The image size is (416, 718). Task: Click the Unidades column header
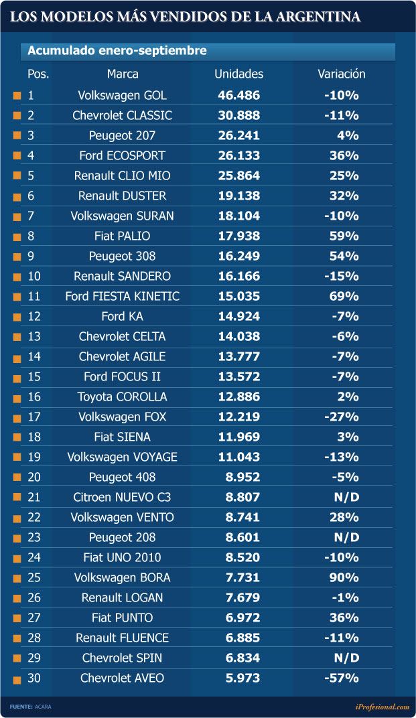[x=238, y=74]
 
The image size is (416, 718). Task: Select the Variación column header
[x=342, y=74]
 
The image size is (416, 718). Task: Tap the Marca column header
[x=123, y=74]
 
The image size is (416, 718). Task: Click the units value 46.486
[x=238, y=95]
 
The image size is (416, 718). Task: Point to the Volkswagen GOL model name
[x=123, y=95]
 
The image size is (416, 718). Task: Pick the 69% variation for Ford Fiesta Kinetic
[x=344, y=296]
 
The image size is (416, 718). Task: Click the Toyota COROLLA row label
[x=123, y=397]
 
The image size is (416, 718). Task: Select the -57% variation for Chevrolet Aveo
[x=342, y=678]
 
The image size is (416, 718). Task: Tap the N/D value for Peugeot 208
[x=346, y=538]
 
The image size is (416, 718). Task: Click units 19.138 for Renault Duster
[x=238, y=196]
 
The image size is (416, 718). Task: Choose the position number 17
[x=34, y=417]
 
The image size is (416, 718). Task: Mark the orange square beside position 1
[x=17, y=95]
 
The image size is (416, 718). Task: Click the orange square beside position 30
[x=17, y=680]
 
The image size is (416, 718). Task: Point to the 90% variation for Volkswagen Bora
[x=344, y=578]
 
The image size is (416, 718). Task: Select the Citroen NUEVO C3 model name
[x=123, y=497]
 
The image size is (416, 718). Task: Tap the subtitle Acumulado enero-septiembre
[x=117, y=50]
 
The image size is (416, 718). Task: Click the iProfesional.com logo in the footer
[x=382, y=707]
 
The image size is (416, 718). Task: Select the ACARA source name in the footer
[x=43, y=707]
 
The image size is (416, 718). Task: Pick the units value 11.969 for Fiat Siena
[x=238, y=437]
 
